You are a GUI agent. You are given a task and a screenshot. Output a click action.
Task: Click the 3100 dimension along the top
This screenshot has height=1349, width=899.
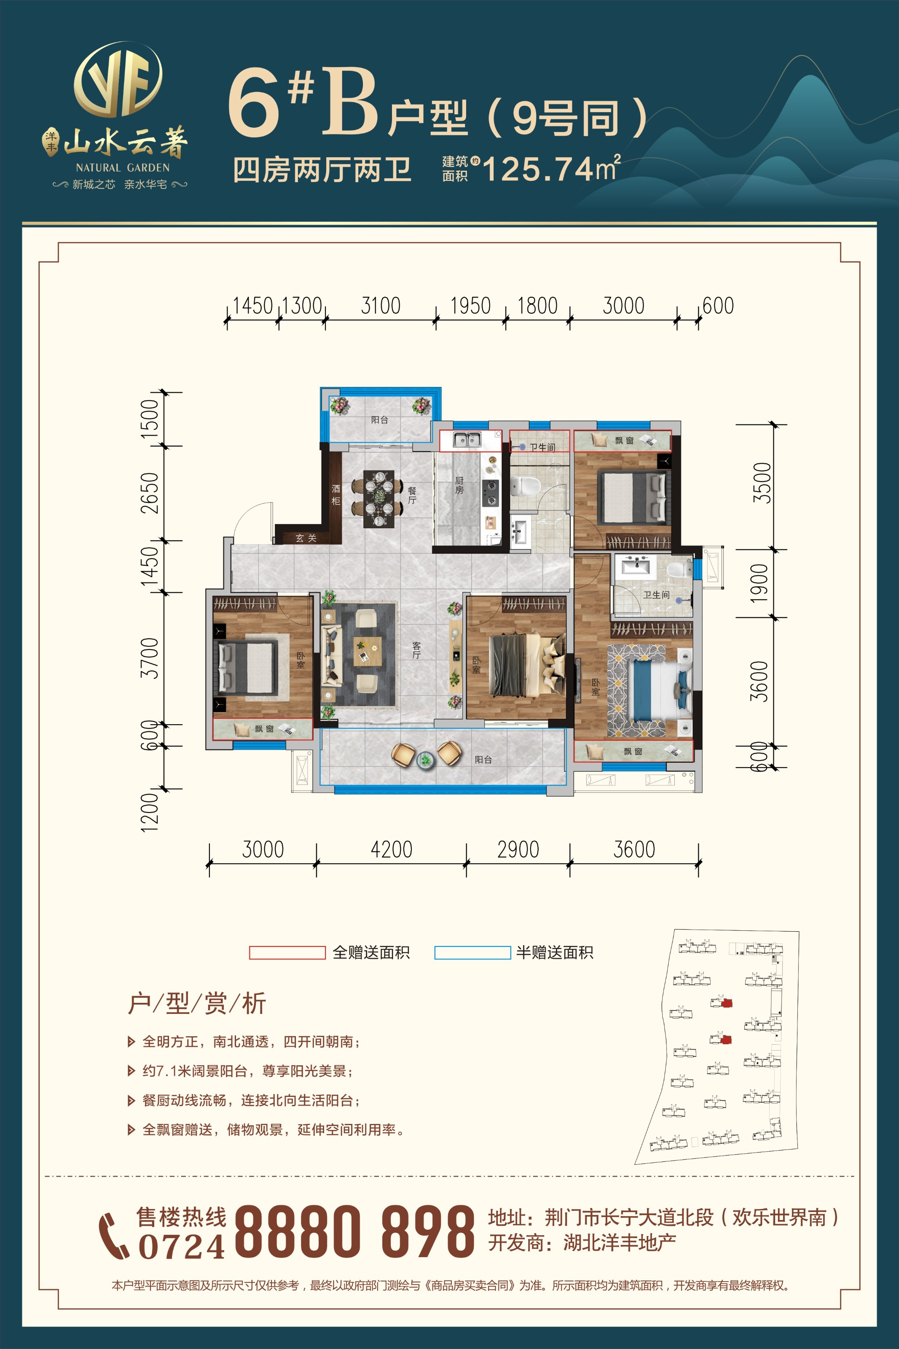380,306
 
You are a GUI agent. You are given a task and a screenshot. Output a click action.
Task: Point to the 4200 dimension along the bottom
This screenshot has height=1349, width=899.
392,849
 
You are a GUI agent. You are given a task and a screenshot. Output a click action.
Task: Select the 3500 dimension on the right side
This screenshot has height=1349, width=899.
762,483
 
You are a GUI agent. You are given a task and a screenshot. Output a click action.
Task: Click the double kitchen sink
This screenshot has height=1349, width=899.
467,440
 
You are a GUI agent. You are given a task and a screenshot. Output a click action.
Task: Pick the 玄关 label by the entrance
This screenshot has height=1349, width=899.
306,538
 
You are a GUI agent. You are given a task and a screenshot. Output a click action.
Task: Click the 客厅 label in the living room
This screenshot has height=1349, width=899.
416,650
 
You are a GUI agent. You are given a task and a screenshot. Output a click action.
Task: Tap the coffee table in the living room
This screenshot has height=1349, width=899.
368,651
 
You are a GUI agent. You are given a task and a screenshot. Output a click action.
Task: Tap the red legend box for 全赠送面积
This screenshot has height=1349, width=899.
287,952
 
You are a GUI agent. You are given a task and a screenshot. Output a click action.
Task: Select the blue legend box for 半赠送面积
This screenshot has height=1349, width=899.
472,952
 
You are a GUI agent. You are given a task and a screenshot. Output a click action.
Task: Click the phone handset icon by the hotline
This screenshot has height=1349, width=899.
113,1236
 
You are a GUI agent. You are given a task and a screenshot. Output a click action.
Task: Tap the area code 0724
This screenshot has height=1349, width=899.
182,1247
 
